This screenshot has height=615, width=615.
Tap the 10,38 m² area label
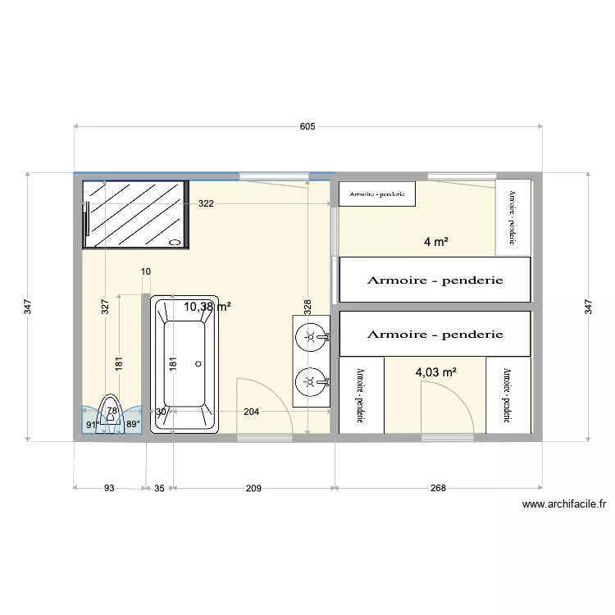coord(207,307)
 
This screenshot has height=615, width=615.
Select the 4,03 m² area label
coord(435,371)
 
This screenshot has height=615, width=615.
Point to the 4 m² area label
coord(435,242)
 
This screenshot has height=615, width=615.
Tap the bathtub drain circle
coord(198,363)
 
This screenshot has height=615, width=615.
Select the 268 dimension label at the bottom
coord(438,488)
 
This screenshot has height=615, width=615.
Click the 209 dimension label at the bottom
coord(253,488)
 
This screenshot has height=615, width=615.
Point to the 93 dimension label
coord(109,488)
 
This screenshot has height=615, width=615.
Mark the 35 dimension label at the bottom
coord(160,488)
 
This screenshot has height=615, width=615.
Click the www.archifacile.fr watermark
coord(568,505)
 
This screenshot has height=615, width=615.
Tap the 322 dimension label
coord(206,203)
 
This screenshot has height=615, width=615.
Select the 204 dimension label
coord(251,412)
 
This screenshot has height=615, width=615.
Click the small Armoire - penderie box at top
coord(377,194)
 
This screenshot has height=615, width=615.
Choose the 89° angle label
coord(133,424)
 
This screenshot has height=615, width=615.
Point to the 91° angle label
coord(93,424)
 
